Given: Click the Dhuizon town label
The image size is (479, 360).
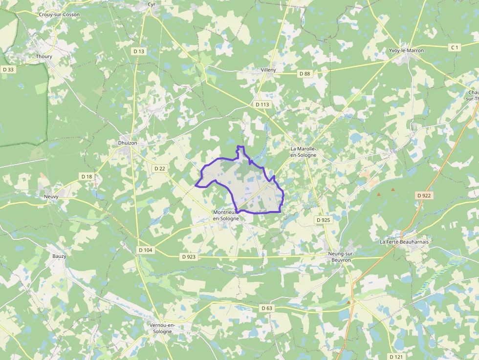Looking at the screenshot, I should pyautogui.click(x=128, y=143).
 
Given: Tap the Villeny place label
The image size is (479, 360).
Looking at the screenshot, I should pyautogui.click(x=268, y=70).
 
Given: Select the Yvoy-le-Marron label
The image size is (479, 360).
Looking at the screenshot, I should pyautogui.click(x=406, y=50).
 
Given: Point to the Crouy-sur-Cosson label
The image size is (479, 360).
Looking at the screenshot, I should pyautogui.click(x=59, y=15).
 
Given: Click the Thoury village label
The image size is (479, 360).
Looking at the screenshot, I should pyautogui.click(x=44, y=57).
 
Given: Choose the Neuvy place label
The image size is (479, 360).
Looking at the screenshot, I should pyautogui.click(x=51, y=196).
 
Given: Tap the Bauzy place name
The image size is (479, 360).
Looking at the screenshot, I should pyautogui.click(x=59, y=256).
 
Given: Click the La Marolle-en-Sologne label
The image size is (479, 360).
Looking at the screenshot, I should pyautogui.click(x=304, y=151).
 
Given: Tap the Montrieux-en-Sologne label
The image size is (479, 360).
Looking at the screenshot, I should pyautogui.click(x=226, y=215).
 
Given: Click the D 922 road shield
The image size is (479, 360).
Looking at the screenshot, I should pyautogui.click(x=424, y=195).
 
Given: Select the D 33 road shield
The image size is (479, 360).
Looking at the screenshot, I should pyautogui.click(x=8, y=69).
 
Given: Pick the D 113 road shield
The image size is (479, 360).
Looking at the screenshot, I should pyautogui.click(x=262, y=105).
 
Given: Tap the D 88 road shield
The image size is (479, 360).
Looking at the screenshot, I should pyautogui.click(x=304, y=73).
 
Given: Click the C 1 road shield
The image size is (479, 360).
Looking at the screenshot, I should pyautogui.click(x=455, y=47).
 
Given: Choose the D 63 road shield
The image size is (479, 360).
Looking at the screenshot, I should pyautogui.click(x=266, y=308).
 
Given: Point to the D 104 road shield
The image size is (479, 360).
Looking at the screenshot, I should pyautogui.click(x=145, y=250).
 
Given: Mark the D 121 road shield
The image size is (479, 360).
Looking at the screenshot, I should pyautogui.click(x=396, y=357).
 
